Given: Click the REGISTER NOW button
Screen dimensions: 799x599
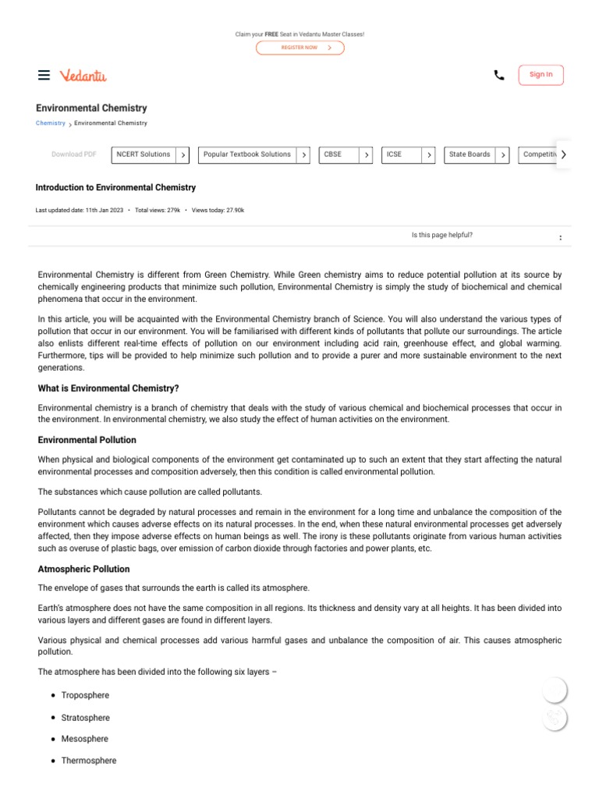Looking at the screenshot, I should click(299, 48).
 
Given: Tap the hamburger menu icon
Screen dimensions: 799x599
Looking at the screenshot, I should click(44, 75).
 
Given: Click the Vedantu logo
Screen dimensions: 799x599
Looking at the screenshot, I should click(83, 75).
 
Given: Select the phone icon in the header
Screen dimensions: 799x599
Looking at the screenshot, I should click(499, 75).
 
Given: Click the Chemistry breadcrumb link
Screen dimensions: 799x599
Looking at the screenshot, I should click(51, 123).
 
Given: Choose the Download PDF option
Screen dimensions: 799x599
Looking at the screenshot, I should click(74, 154).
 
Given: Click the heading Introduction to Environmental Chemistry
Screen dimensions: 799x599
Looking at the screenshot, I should click(115, 188).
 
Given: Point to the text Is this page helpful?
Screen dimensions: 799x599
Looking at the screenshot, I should click(441, 235).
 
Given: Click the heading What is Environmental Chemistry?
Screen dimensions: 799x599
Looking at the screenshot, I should click(108, 388).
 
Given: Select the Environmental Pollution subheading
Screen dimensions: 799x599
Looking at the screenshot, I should click(87, 440).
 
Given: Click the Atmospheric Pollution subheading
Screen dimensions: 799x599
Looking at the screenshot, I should click(84, 569).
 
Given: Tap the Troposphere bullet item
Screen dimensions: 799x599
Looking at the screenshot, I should click(85, 695).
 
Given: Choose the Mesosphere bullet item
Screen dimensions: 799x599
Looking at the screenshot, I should click(85, 739).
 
